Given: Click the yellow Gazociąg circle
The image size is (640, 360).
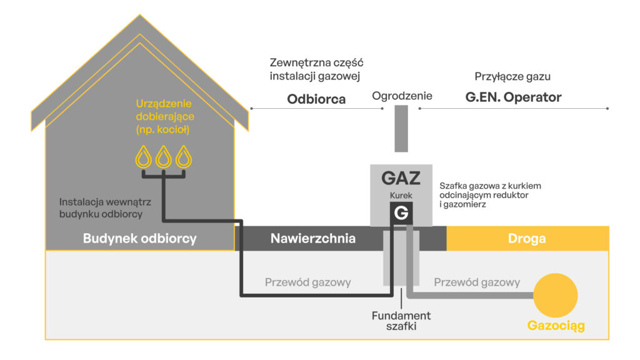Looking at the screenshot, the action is (555, 295).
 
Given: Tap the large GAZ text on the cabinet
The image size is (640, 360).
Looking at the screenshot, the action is (401, 178).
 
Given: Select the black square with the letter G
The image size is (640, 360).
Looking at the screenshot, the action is (401, 212).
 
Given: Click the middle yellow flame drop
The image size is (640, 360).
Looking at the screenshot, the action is (163, 157).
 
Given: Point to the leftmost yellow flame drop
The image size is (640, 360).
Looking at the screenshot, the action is (143, 157).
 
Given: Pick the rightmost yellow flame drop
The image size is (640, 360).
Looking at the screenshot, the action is (184, 157).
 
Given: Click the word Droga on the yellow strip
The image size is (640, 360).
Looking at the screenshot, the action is (526, 238).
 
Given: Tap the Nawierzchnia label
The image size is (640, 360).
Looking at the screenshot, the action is (313, 238).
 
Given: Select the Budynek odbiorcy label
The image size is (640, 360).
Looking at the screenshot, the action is (139, 238).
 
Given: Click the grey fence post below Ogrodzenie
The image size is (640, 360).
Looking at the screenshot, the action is (401, 129).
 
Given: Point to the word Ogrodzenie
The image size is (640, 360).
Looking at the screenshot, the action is (402, 96).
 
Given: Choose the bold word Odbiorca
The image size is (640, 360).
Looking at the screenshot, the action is (316, 99).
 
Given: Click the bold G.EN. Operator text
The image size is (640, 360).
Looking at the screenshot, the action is (514, 97).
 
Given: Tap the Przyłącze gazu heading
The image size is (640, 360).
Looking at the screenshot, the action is (512, 77).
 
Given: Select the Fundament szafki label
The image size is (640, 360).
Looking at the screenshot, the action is (401, 321).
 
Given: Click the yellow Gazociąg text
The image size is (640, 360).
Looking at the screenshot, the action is (556, 326).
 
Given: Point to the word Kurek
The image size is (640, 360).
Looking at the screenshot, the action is (401, 196).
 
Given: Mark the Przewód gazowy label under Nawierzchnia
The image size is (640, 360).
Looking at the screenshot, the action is (307, 282).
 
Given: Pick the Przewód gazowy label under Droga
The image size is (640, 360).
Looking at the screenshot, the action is (477, 282).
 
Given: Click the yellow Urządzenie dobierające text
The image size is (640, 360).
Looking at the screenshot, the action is (165, 116).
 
